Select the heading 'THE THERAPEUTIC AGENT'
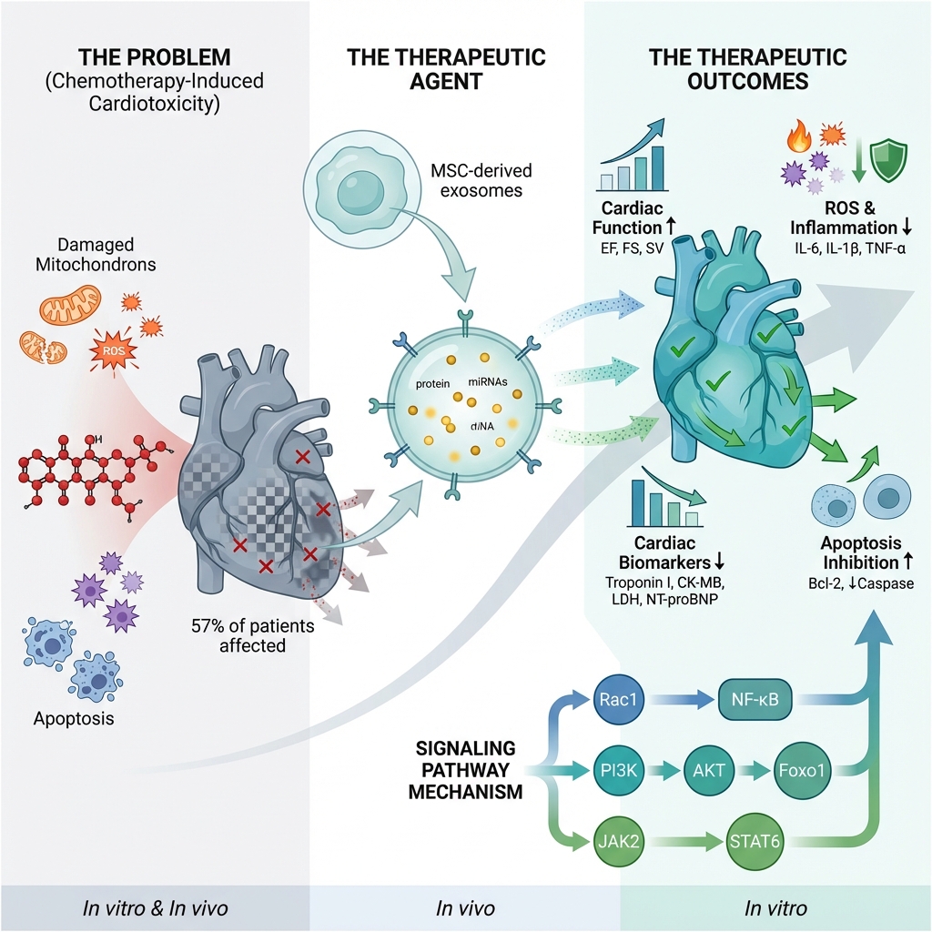[446, 69]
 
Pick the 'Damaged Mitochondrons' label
[96, 254]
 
